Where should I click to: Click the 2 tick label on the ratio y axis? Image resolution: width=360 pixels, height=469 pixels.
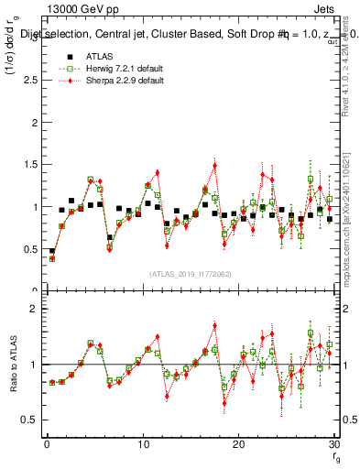[x=33, y=310]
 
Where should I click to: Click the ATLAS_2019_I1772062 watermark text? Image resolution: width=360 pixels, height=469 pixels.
[x=190, y=273]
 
